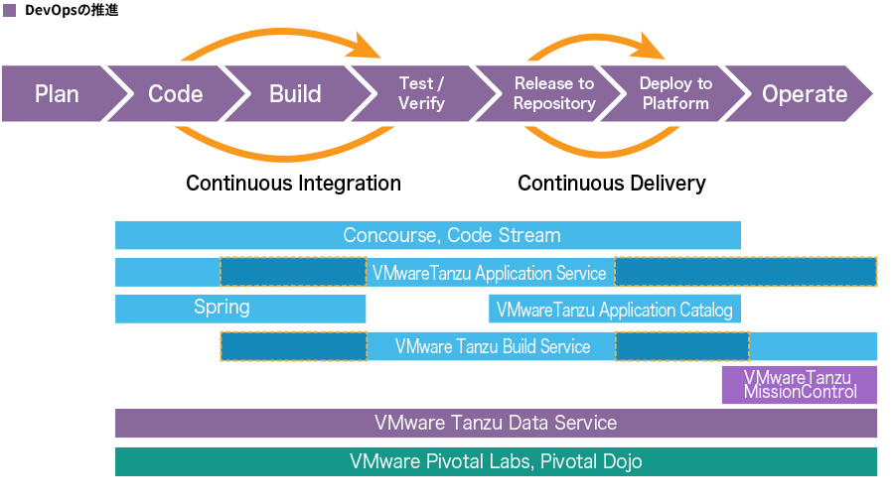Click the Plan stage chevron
57,93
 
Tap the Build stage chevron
295,93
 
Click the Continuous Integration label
294,184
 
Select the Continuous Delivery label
612,184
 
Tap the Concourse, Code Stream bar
427,235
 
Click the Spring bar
240,309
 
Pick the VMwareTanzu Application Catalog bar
615,309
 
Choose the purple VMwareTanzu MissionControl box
800,385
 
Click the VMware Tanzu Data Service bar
496,423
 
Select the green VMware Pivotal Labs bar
496,462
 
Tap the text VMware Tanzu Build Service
493,346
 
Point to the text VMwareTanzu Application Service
489,274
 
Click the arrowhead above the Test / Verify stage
368,46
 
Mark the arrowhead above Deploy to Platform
651,46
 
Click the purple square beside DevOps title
9,10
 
